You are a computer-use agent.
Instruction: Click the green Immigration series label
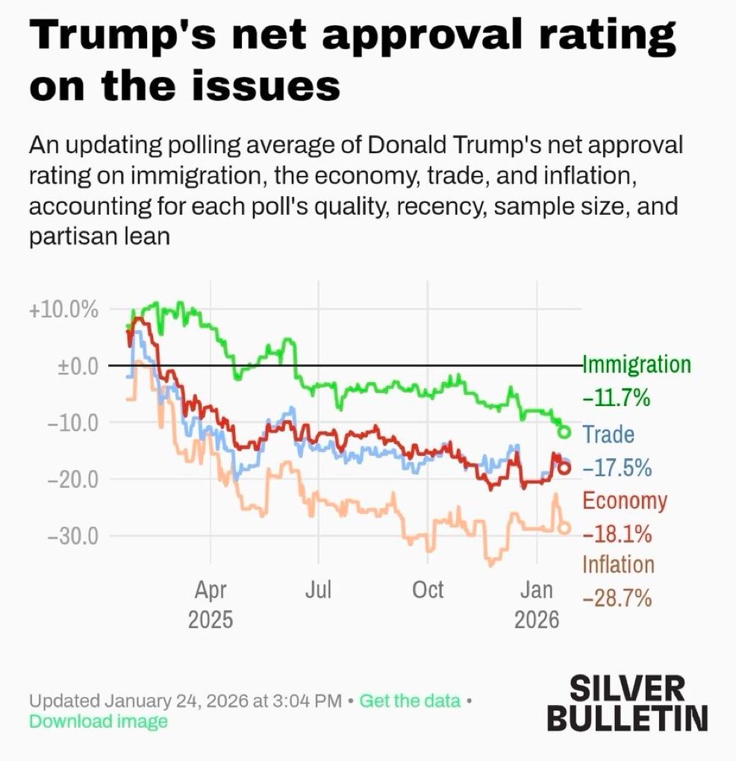coord(636,365)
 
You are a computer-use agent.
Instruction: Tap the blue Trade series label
coord(608,434)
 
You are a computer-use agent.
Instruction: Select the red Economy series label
coord(624,500)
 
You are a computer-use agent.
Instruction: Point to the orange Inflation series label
coord(618,565)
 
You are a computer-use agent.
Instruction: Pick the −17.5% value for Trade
coord(617,468)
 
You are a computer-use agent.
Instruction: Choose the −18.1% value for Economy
coord(617,534)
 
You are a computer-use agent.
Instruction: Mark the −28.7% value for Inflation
coord(617,598)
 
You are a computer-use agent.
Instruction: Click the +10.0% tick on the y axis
coord(63,309)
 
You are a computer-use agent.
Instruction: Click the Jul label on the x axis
coord(319,590)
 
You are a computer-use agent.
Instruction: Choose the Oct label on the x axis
coord(428,590)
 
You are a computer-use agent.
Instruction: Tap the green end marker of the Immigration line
coord(564,432)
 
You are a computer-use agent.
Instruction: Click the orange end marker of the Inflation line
coord(564,527)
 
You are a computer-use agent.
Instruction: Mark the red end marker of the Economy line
coord(564,469)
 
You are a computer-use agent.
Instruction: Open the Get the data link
coord(410,701)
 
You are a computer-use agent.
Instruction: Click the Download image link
coord(99,721)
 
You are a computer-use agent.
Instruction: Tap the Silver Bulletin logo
coord(627,702)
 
